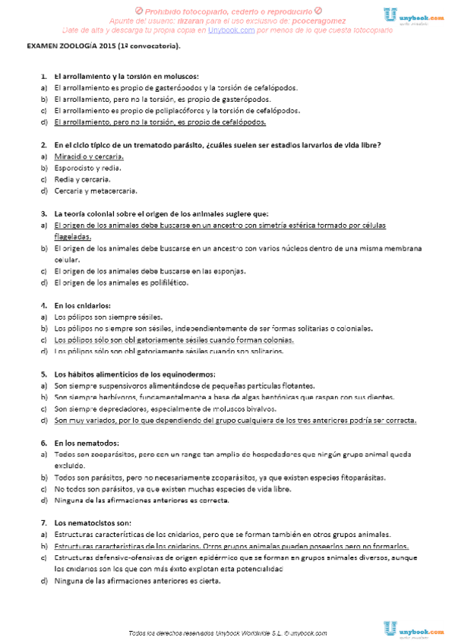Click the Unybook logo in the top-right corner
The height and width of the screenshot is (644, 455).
(x=416, y=15)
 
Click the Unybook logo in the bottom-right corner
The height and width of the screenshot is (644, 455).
(x=416, y=629)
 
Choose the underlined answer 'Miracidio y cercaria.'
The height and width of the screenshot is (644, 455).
(x=89, y=156)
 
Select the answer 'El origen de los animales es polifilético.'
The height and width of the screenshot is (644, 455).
(x=121, y=283)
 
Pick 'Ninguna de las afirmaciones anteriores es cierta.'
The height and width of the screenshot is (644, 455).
(x=137, y=581)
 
